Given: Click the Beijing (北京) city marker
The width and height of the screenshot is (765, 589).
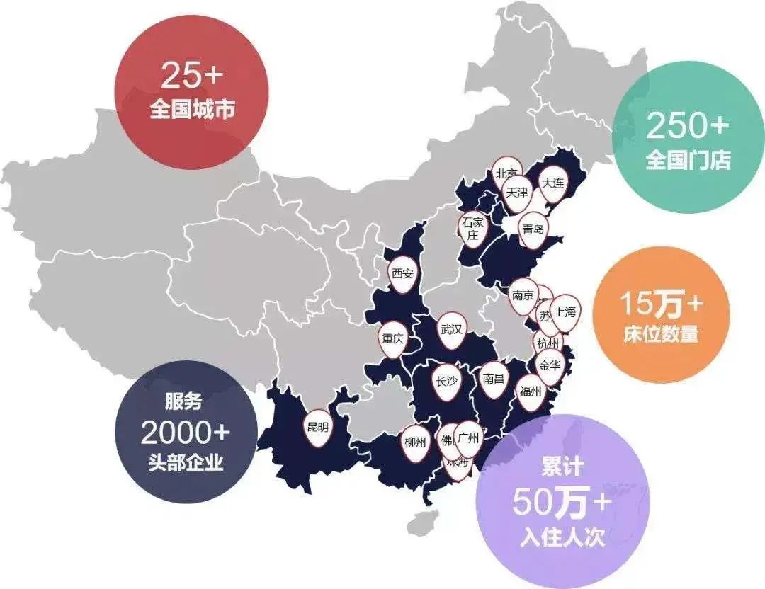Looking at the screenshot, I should click(506, 173).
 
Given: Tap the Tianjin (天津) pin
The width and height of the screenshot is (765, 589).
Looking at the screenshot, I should click(517, 193).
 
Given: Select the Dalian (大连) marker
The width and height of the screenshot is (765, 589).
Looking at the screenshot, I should click(552, 183).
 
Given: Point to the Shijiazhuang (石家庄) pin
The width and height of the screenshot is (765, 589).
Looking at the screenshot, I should click(472, 228).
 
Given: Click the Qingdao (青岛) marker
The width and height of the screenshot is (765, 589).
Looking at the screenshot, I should click(533, 229).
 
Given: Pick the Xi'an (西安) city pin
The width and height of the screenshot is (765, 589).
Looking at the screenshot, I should click(402, 273).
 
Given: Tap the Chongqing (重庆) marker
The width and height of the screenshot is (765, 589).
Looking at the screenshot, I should click(392, 338).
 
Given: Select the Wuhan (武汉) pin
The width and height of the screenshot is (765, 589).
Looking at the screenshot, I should click(451, 330).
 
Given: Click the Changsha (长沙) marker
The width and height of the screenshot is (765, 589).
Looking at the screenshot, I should click(446, 382).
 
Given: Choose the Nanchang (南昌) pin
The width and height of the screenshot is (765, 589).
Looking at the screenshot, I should click(493, 379).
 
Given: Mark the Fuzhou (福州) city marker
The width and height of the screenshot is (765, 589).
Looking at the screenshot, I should click(530, 390).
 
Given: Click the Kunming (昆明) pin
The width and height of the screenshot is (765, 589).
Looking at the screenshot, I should click(317, 427).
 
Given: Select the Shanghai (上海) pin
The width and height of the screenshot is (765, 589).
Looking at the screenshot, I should click(566, 311).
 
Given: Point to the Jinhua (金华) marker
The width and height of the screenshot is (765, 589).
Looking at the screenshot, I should click(550, 366).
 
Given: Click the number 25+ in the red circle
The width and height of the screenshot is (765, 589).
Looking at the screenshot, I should click(192, 75).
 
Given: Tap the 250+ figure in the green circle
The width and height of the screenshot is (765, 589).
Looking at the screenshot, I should click(687, 126).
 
